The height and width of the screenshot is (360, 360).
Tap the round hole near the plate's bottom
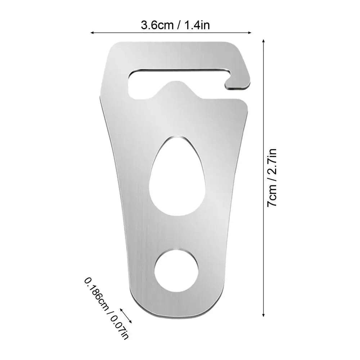(x=176, y=270)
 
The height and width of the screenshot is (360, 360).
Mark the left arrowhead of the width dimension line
(x=92, y=32)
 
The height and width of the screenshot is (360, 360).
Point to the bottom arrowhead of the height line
(x=264, y=314)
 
